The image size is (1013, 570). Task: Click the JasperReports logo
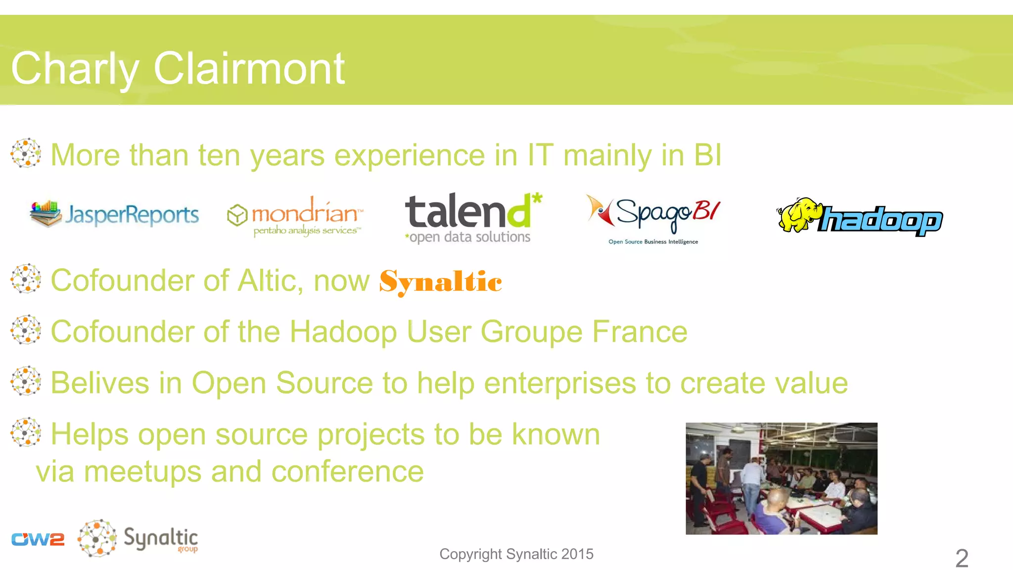[x=114, y=214]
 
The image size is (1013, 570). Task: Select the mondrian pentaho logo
[x=295, y=217]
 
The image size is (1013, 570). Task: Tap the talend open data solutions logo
[x=473, y=218]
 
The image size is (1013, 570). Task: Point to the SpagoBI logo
[x=653, y=218]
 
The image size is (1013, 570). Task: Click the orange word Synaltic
[x=440, y=282]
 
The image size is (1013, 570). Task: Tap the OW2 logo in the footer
[x=38, y=539]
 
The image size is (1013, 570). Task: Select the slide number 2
[x=962, y=558]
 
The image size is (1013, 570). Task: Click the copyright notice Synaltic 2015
[x=516, y=554]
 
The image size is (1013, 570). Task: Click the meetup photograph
[x=781, y=478]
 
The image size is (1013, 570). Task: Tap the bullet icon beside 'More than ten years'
[x=26, y=153]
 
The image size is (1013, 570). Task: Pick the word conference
[x=347, y=471]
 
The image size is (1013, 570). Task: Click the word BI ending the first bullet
[x=708, y=155]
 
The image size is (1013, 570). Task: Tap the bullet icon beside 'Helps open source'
[x=26, y=432]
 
